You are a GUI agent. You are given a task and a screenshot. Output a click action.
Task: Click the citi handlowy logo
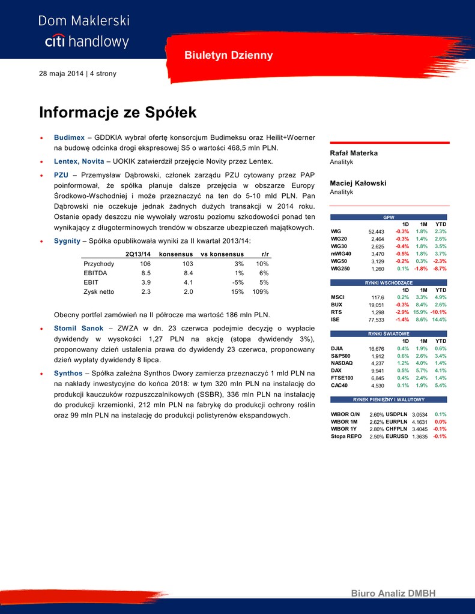86,41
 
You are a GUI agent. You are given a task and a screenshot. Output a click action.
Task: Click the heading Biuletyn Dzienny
228,55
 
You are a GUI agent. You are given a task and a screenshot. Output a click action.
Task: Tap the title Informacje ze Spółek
118,112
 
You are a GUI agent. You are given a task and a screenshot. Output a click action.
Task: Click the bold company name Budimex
69,137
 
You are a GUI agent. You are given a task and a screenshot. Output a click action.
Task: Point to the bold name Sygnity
67,240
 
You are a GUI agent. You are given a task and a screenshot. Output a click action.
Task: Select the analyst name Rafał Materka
354,153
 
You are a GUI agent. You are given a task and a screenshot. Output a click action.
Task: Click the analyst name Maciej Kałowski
358,183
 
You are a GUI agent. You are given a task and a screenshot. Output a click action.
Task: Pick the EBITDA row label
95,273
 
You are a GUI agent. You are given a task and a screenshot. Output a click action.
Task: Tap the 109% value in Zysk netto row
259,292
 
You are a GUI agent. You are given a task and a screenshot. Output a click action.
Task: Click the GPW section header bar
389,216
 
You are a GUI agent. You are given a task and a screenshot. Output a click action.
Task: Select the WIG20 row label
339,239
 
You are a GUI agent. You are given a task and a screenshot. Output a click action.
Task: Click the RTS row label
336,312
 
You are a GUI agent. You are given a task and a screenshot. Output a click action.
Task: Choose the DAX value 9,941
377,371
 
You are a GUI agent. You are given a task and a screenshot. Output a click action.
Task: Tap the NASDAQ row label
342,363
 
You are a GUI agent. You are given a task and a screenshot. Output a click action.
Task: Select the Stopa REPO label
346,437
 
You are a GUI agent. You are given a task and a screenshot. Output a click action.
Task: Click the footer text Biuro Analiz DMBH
393,593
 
